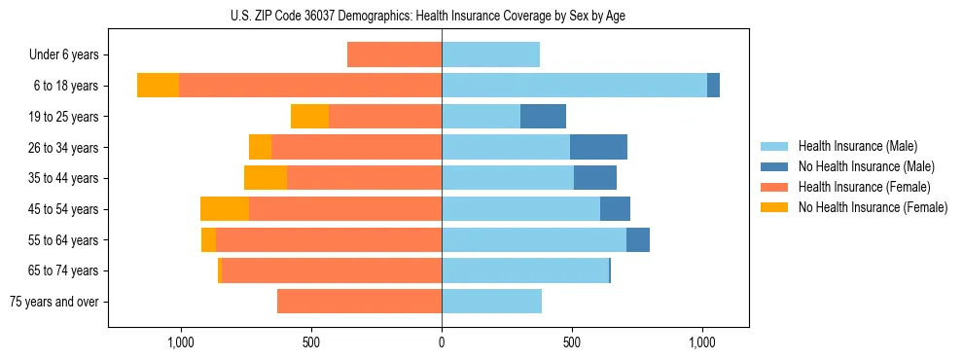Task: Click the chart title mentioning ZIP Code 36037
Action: tap(442, 16)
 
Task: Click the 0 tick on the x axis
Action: tap(442, 342)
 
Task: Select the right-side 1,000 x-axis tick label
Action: tap(702, 342)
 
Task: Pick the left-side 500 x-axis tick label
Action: tap(311, 342)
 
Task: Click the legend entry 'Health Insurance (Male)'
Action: tap(857, 146)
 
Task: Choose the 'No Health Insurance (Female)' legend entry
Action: tap(873, 207)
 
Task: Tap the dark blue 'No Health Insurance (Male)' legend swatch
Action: tap(774, 166)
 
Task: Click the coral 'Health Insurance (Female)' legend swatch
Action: tap(774, 187)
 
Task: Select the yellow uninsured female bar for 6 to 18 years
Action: tap(158, 86)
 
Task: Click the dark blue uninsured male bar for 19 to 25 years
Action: tap(543, 117)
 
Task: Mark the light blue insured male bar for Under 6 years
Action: tap(490, 55)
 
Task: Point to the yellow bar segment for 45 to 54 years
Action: tap(225, 209)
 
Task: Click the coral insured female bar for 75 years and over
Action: tap(359, 302)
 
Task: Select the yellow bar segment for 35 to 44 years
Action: tap(266, 178)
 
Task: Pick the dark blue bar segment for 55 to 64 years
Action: tap(638, 240)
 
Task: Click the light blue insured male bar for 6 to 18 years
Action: tap(574, 86)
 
